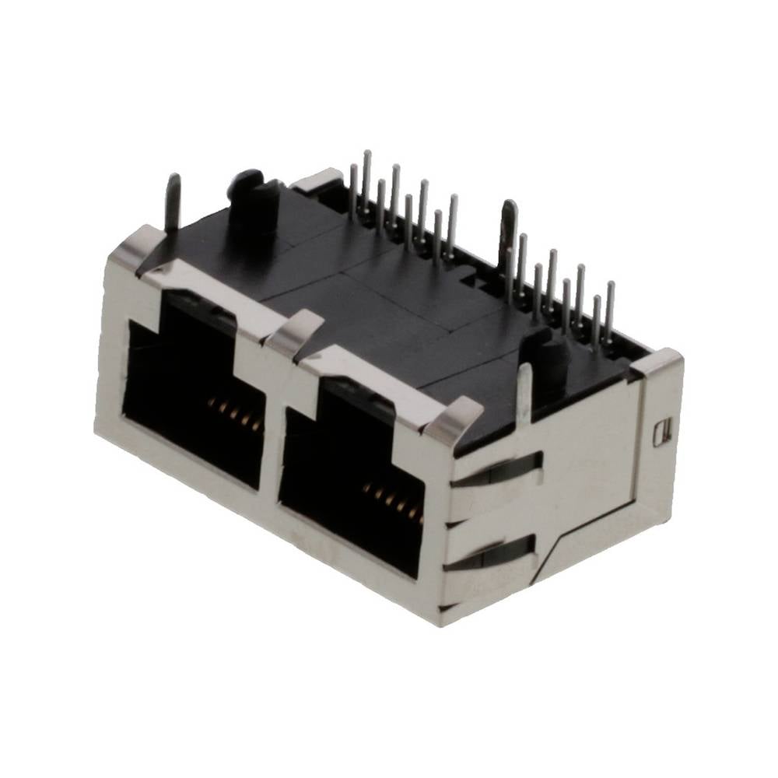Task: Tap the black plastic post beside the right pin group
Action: (x=549, y=358)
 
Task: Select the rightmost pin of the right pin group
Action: (x=609, y=311)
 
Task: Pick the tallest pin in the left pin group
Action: (x=366, y=183)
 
